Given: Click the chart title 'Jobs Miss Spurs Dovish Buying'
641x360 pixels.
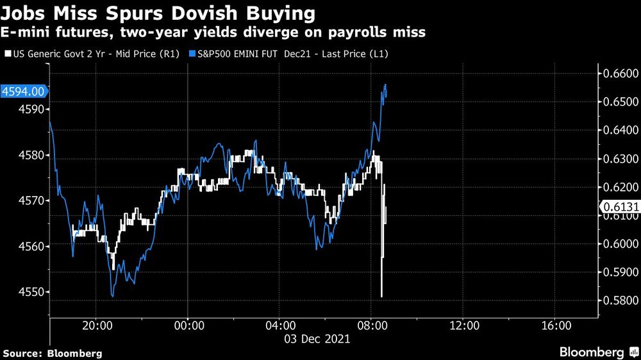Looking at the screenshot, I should point(159,12).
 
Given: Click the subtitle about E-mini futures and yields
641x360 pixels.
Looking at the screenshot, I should point(214,32).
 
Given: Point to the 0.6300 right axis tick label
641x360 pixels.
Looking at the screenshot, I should point(619,159).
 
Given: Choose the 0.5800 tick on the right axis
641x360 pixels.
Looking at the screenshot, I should point(619,300).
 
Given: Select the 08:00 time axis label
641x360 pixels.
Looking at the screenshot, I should point(371,325).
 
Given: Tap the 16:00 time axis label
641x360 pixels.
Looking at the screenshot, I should point(555,325).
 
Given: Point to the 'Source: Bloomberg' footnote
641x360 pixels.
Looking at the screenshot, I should point(53,353).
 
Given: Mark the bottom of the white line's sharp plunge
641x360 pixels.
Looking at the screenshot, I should point(381,297).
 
